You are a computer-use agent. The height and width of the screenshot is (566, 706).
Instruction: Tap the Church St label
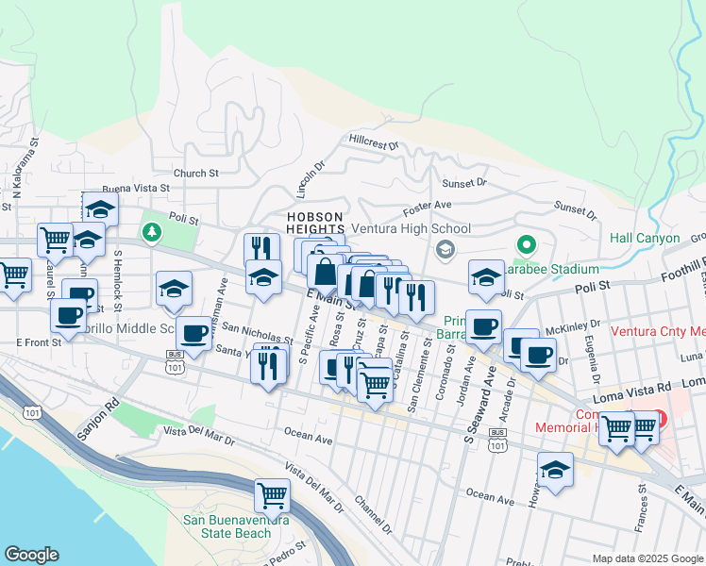(x=196, y=173)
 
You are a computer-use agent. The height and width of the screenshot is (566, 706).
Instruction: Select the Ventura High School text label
(x=411, y=228)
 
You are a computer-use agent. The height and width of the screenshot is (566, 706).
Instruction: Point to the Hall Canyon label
(x=645, y=238)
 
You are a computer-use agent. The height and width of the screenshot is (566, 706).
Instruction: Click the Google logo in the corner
(x=31, y=555)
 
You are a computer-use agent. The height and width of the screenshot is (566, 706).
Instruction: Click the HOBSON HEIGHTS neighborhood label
(x=315, y=223)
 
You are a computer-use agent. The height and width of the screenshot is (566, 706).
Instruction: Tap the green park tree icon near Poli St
(x=151, y=231)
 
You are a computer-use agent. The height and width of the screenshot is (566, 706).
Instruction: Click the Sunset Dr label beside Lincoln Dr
(x=468, y=181)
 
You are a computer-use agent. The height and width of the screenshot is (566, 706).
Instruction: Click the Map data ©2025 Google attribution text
(x=647, y=558)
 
